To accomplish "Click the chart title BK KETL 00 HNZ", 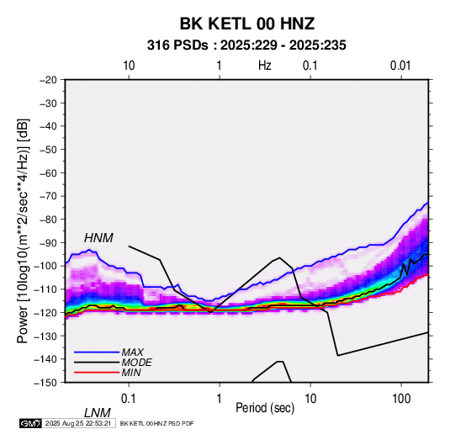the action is tap(246, 24).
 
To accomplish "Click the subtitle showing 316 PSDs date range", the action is tap(246, 45).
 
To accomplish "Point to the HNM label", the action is tap(98, 238).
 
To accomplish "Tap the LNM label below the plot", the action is tap(98, 413).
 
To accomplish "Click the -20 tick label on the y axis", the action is tap(48, 80).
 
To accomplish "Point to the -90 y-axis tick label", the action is tap(48, 243).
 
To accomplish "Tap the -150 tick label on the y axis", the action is tap(45, 383).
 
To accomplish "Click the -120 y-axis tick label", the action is tap(45, 313).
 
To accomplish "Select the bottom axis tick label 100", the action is tap(401, 399).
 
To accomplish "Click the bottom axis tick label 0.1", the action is tap(129, 399).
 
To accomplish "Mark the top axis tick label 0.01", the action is tap(400, 66).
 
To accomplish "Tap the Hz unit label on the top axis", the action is tap(265, 66).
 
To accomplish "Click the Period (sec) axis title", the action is tap(265, 408).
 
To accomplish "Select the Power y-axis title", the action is tap(23, 231).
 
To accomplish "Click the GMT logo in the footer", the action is tap(30, 423).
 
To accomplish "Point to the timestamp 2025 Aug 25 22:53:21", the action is tap(78, 423).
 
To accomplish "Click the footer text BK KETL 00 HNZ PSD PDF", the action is tap(156, 423).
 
